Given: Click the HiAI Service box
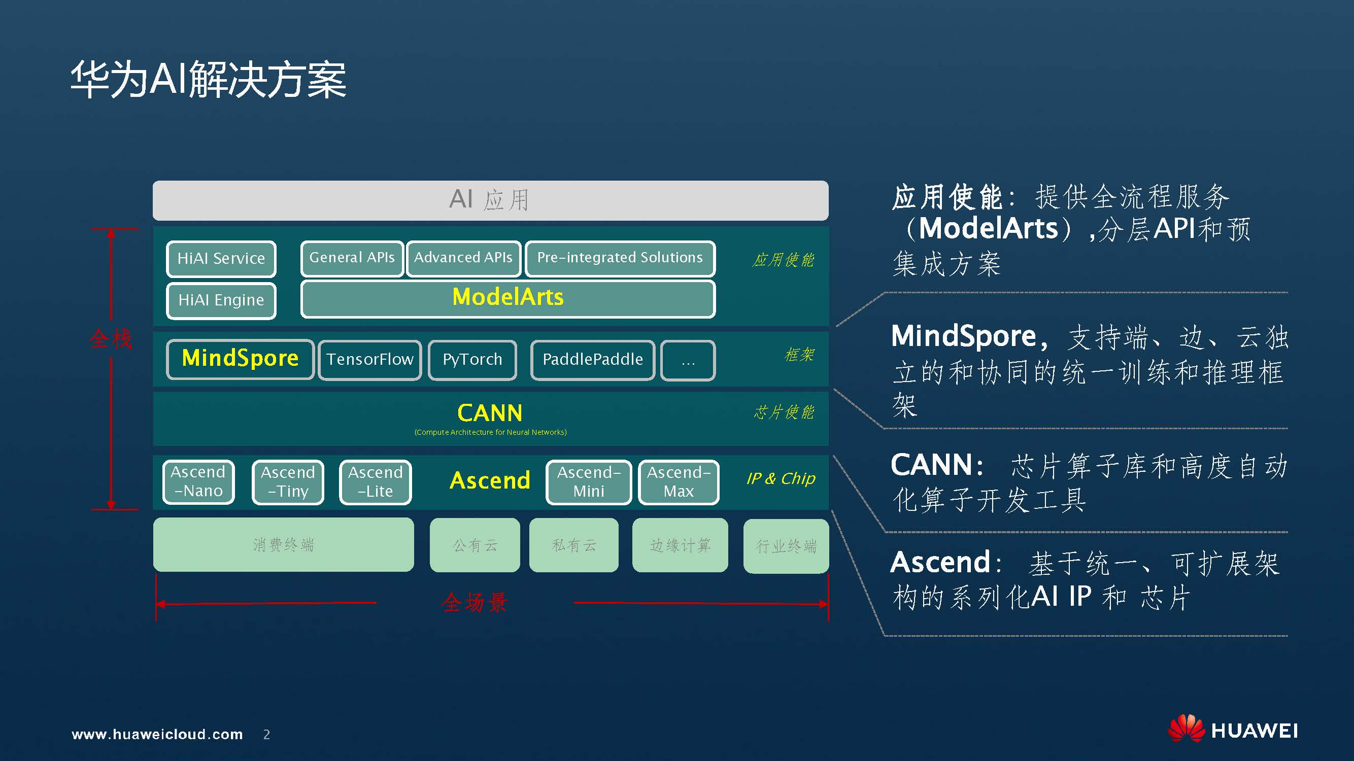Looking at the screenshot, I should (221, 259).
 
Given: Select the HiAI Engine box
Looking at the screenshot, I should (221, 300).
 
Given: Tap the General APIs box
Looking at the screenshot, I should (352, 258).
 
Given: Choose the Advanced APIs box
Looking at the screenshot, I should (463, 258).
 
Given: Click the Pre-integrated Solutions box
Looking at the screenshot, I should (620, 258).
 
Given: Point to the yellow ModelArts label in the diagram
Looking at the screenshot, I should (507, 297).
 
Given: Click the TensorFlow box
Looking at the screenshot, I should (369, 360).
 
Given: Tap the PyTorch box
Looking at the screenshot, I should (472, 360).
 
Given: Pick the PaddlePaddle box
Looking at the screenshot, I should (592, 360).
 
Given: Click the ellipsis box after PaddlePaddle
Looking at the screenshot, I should (688, 360).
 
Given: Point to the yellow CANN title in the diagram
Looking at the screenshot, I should (490, 413).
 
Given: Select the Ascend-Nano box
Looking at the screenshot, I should (198, 481).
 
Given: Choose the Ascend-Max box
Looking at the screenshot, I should (678, 482).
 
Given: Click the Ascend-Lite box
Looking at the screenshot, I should (376, 482).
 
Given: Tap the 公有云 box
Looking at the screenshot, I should (475, 545).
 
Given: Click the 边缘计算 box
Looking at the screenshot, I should (680, 545).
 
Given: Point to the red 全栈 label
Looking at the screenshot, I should (111, 338).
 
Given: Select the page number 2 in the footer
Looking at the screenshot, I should (266, 734).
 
